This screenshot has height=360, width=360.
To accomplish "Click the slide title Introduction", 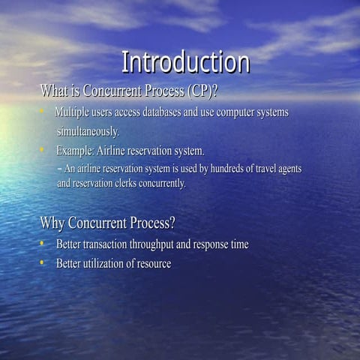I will click(x=185, y=62).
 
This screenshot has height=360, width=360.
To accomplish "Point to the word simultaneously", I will click(x=88, y=131).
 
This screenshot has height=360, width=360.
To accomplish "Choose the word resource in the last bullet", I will click(x=152, y=263).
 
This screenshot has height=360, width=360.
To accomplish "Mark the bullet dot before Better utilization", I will click(x=43, y=262).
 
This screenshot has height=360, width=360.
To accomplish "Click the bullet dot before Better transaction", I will click(x=43, y=244).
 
